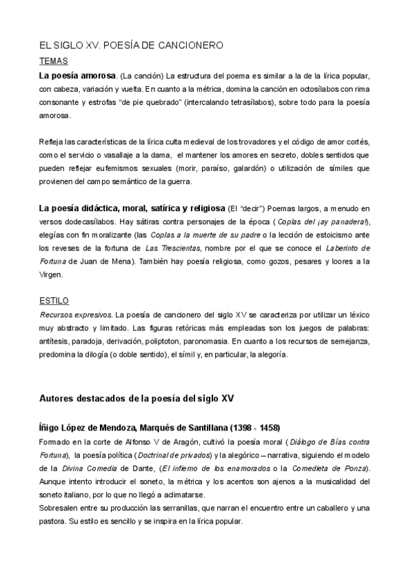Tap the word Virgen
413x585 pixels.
pos(51,274)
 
